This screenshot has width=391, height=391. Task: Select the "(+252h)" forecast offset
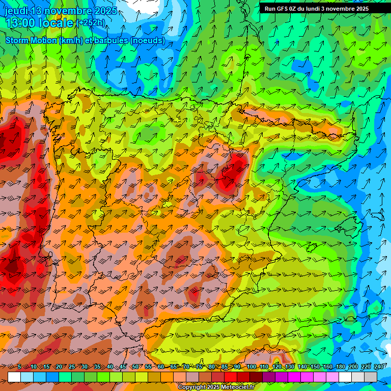coord(91,22)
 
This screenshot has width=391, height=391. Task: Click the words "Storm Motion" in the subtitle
coord(31,40)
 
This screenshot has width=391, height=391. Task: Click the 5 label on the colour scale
coord(19,367)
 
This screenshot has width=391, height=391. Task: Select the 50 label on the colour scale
coord(135,367)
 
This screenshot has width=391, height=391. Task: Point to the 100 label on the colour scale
coord(251,367)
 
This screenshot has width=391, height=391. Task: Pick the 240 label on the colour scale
coord(378,367)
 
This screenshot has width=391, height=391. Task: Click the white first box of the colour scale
coord(14,377)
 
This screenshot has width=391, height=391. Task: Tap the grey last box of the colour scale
coord(371,377)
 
